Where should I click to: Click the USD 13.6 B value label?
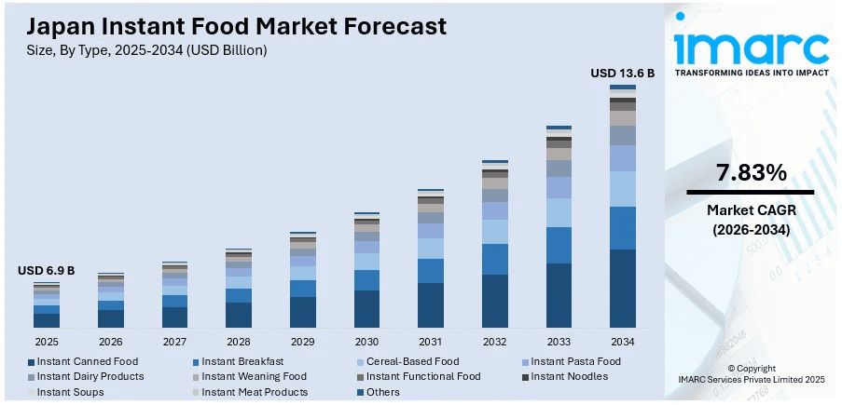(x=623, y=73)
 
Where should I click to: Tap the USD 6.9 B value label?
(x=46, y=271)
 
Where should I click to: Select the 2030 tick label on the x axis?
(x=366, y=342)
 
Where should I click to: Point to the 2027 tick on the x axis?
(x=174, y=342)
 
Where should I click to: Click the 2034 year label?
(x=623, y=342)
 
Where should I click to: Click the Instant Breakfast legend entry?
(x=242, y=361)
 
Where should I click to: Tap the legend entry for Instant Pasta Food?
(x=575, y=361)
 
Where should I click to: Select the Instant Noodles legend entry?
(x=569, y=376)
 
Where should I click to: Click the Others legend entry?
(x=382, y=392)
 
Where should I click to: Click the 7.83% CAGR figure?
(x=751, y=172)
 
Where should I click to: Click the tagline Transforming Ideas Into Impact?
(x=751, y=72)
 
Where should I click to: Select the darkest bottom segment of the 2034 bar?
(x=623, y=289)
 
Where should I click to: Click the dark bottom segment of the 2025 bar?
(x=46, y=320)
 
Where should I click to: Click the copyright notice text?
(x=751, y=374)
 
